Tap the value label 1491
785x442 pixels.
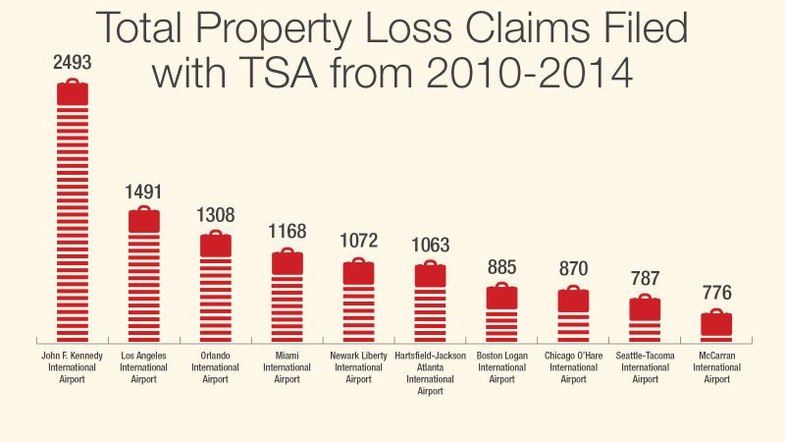[144, 192]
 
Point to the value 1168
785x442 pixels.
[288, 233]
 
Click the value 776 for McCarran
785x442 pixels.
[717, 293]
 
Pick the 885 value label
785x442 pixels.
[502, 266]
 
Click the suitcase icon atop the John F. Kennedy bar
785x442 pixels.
[73, 92]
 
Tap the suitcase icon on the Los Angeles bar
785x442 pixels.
[144, 219]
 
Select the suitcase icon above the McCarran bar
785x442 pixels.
[717, 322]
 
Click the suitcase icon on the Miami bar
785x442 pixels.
[288, 261]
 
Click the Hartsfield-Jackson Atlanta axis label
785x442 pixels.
[431, 372]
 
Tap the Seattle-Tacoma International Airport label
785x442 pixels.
[646, 366]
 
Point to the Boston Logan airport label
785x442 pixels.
[502, 366]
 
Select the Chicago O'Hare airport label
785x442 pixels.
[574, 366]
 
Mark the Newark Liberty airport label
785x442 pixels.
[359, 366]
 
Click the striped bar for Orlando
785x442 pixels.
[216, 300]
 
